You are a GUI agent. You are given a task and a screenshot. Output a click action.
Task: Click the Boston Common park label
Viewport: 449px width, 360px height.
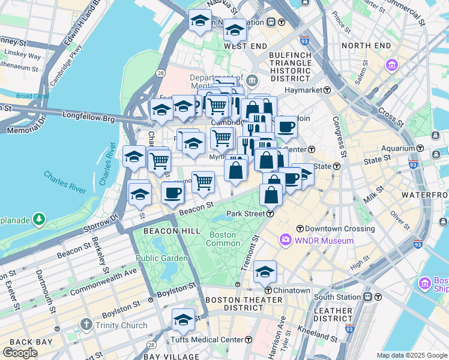click(221, 239)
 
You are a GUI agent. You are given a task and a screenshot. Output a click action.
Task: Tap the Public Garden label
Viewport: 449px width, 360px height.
click(161, 259)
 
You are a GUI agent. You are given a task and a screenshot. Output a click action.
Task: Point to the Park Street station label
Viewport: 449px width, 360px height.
click(246, 214)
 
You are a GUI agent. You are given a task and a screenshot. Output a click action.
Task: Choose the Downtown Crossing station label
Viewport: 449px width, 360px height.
click(339, 229)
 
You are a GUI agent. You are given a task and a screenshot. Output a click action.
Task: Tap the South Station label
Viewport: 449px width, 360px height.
click(337, 297)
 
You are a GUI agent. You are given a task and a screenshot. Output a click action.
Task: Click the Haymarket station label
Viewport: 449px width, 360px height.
click(303, 90)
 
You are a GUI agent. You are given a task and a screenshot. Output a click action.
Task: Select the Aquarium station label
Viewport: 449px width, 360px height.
click(397, 148)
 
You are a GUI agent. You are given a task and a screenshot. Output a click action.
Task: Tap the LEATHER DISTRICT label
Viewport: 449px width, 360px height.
click(333, 314)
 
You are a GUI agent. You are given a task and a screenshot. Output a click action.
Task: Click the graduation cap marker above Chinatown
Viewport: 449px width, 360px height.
click(265, 271)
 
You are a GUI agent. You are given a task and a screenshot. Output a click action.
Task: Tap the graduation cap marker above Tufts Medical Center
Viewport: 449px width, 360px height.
click(183, 319)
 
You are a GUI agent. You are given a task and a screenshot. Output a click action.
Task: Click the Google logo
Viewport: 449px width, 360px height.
click(20, 352)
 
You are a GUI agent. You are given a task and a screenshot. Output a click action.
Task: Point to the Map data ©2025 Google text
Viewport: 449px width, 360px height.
click(412, 355)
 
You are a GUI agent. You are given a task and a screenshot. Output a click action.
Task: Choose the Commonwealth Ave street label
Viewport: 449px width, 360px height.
click(103, 281)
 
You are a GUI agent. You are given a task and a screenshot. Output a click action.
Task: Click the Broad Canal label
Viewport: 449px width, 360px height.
click(32, 96)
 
